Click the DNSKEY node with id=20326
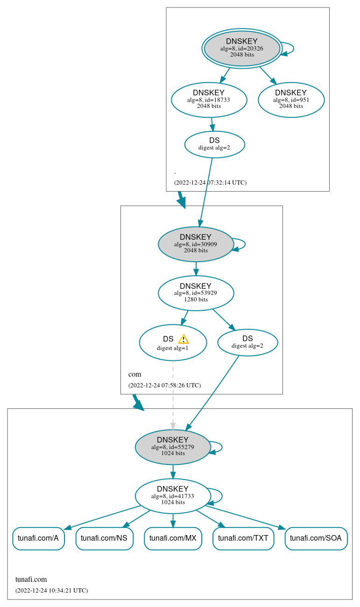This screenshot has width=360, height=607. [242, 48]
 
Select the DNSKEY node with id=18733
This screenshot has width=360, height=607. [209, 100]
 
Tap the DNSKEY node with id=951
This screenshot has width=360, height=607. [291, 100]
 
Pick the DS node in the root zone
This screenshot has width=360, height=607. [214, 144]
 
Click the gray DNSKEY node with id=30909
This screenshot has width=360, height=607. [196, 244]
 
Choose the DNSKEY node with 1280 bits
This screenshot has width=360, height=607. [196, 293]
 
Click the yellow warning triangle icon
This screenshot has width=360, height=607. [184, 339]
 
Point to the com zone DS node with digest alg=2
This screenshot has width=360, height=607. [247, 343]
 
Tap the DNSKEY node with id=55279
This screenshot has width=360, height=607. [173, 447]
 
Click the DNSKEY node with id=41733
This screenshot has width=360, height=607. [173, 496]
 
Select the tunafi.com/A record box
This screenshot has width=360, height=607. [38, 538]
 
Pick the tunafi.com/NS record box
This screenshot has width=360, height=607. [104, 538]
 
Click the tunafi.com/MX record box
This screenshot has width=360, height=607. [173, 538]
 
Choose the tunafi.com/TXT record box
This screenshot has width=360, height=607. [243, 538]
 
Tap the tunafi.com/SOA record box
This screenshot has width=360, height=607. [316, 538]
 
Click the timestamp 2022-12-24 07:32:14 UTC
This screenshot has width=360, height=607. [210, 183]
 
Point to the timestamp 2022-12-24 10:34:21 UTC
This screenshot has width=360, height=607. [51, 591]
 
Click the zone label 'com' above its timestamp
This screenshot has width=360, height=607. [134, 374]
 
